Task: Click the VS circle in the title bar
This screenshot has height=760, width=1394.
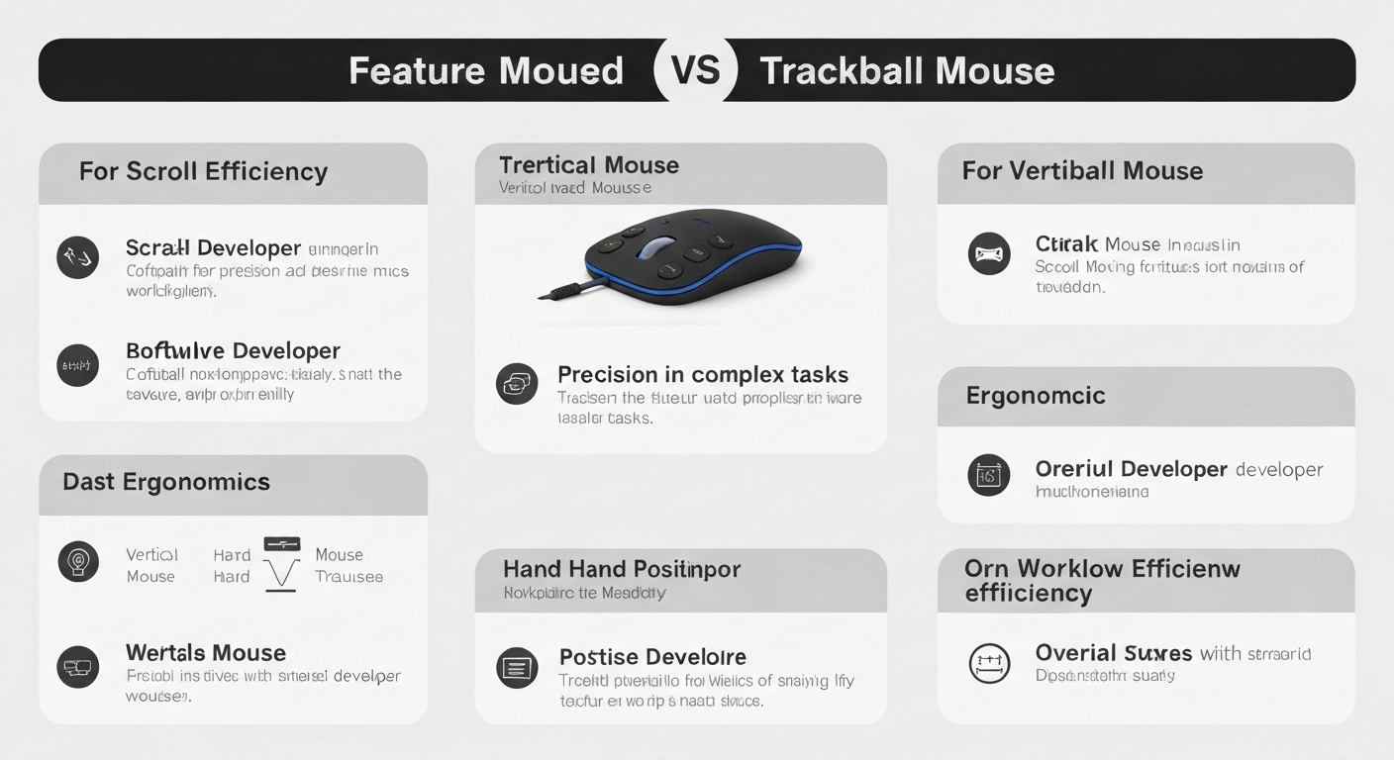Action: click(x=695, y=70)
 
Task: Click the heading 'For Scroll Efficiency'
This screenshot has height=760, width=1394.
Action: click(x=203, y=171)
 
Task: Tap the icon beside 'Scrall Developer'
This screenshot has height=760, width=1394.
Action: click(x=78, y=257)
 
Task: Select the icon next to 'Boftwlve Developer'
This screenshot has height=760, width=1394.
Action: click(x=78, y=365)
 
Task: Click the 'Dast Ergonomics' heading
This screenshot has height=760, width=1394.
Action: click(x=166, y=482)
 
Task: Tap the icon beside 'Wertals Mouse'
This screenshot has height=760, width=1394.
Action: click(x=78, y=666)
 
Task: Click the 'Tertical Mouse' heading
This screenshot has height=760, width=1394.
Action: click(x=589, y=165)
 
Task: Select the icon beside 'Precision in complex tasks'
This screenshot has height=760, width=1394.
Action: click(x=517, y=384)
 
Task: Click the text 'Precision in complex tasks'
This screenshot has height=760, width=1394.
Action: click(x=703, y=375)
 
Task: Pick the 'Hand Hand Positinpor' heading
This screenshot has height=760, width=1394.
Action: click(x=622, y=569)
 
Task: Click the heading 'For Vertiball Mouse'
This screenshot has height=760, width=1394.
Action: click(x=1082, y=171)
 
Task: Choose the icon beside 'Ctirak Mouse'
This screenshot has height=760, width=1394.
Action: click(x=988, y=254)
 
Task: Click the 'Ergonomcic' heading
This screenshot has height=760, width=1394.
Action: click(x=1036, y=396)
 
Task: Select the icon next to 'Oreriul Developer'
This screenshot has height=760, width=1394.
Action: click(x=988, y=476)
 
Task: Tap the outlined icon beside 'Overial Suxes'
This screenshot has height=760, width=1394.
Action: click(x=988, y=663)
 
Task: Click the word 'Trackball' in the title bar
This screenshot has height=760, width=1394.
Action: click(x=842, y=71)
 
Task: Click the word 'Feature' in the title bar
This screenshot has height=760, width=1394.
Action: click(x=416, y=71)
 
